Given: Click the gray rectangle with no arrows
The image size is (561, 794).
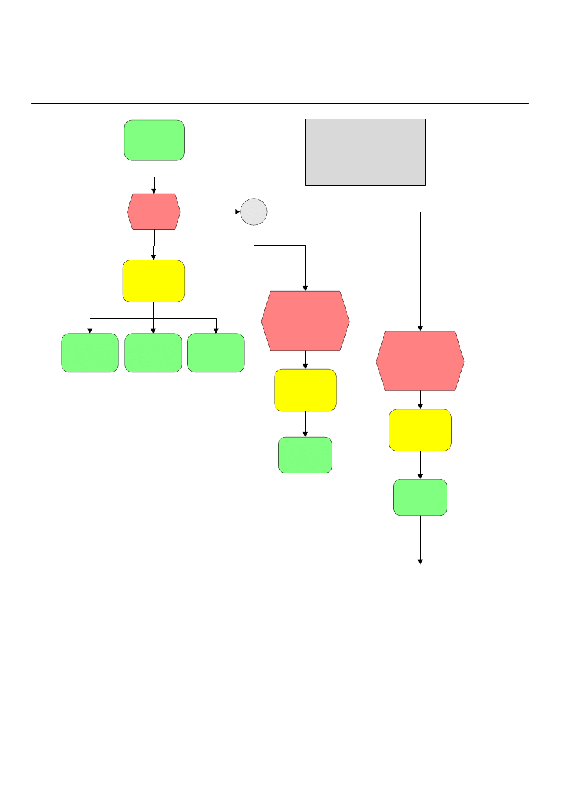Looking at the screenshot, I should click(x=365, y=152).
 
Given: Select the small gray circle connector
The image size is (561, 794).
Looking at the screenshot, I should click(x=254, y=212).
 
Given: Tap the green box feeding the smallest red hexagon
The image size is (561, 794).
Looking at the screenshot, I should click(x=154, y=140).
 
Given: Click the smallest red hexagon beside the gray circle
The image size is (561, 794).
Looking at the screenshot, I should click(x=154, y=212).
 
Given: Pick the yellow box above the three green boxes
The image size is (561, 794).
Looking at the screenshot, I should click(x=153, y=280).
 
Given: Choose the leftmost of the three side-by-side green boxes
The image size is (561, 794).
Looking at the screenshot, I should click(x=90, y=353).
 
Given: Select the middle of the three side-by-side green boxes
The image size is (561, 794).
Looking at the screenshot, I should click(x=153, y=353).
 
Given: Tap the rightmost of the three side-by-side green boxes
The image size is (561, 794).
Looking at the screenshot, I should click(x=216, y=353).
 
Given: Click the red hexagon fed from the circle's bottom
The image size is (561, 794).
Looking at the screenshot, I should click(x=305, y=321).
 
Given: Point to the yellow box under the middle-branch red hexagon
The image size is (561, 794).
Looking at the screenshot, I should click(x=305, y=390).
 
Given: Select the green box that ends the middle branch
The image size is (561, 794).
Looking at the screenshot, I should click(x=305, y=455).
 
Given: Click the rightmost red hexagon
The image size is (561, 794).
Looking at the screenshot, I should click(x=420, y=361).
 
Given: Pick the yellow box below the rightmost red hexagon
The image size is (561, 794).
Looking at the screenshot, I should click(x=420, y=430).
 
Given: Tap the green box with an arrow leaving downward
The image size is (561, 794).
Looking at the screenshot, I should click(x=420, y=497).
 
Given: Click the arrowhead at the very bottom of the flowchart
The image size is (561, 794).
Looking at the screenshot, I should click(x=420, y=561).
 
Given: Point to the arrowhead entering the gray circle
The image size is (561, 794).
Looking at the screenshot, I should click(x=237, y=212).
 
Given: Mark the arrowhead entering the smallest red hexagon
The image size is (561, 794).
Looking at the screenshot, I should click(x=154, y=190).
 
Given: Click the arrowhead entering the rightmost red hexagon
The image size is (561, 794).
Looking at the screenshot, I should click(x=420, y=328).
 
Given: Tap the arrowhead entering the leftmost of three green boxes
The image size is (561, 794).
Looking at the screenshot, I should click(x=90, y=330).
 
